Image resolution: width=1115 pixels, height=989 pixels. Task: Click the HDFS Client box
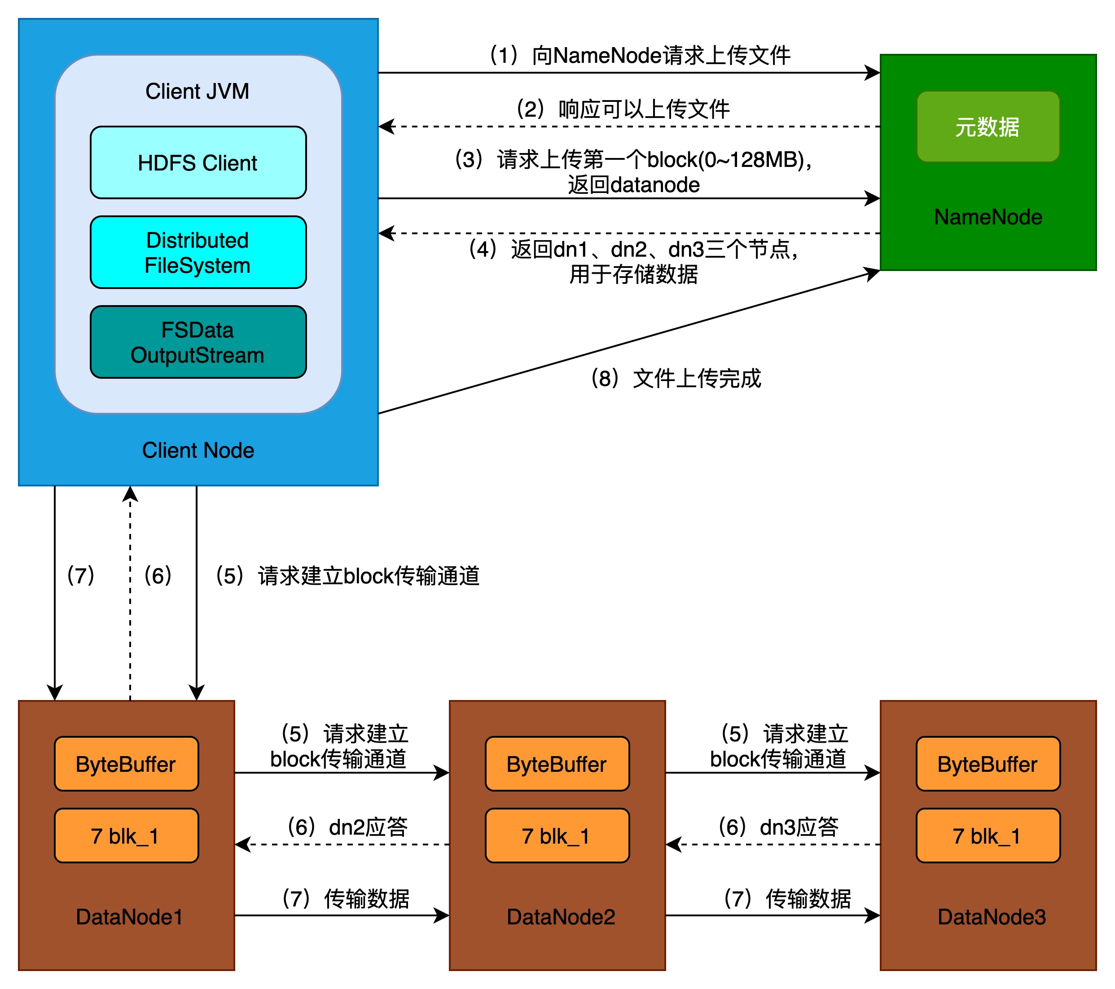tap(198, 162)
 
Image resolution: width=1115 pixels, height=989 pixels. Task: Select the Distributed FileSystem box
tap(198, 252)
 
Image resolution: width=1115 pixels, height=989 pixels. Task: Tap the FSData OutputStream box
tap(198, 342)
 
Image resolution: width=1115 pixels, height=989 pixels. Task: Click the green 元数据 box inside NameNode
tap(988, 127)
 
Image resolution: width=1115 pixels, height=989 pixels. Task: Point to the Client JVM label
tap(197, 91)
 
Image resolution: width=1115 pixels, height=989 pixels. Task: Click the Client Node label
tap(198, 451)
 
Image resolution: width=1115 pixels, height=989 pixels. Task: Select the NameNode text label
tap(988, 217)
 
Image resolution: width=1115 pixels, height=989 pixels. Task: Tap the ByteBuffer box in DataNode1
tap(126, 764)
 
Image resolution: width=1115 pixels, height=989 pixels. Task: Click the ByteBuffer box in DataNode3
tap(988, 764)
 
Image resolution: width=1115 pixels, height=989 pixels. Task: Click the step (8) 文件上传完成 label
tap(676, 378)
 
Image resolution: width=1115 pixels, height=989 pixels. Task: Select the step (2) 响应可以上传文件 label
tap(623, 109)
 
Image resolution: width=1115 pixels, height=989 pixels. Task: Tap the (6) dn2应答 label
tap(347, 827)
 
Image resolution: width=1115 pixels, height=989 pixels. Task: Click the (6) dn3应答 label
tap(778, 827)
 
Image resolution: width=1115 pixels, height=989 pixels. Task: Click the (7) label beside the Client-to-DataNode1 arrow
tap(81, 576)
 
